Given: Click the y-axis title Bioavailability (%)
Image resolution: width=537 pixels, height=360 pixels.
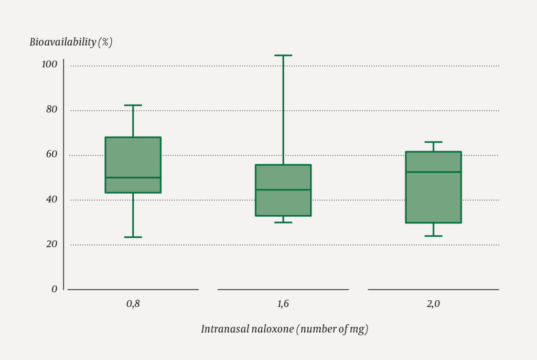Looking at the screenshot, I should pos(71,43).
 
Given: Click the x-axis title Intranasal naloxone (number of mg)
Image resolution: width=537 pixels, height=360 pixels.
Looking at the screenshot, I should pos(284,329).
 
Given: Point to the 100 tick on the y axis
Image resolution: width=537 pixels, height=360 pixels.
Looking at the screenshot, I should pos(49,65).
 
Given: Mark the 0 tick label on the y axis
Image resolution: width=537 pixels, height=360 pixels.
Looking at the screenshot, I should pos(54,289).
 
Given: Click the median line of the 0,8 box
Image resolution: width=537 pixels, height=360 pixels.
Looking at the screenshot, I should pos(133,177).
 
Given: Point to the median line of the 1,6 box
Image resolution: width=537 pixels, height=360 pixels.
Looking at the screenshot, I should pos(283,189).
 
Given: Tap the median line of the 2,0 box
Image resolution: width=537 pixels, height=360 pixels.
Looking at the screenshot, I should pos(433,172).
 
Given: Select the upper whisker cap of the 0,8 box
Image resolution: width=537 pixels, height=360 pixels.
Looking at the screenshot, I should pos(133,105).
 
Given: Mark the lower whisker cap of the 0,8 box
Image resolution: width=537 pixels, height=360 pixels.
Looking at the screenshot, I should pos(133,237).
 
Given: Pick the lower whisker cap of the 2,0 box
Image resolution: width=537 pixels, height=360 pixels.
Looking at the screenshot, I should pos(433,236).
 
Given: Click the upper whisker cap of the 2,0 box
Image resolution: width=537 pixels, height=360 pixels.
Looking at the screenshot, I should pos(433,142).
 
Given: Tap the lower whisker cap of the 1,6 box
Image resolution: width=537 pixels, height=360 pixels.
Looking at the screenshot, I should pos(283,222).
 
